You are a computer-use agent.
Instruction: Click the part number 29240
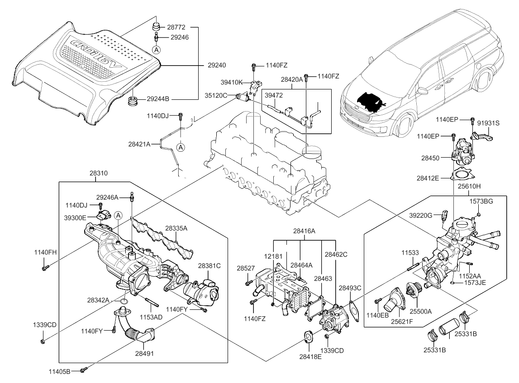[x=218, y=65]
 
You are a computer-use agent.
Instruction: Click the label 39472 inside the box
[x=274, y=96]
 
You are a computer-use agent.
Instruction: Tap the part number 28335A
[x=176, y=228]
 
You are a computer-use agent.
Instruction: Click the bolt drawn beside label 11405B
[x=82, y=370]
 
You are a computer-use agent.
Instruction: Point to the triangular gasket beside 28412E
[x=461, y=174]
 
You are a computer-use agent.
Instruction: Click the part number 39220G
[x=420, y=215]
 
